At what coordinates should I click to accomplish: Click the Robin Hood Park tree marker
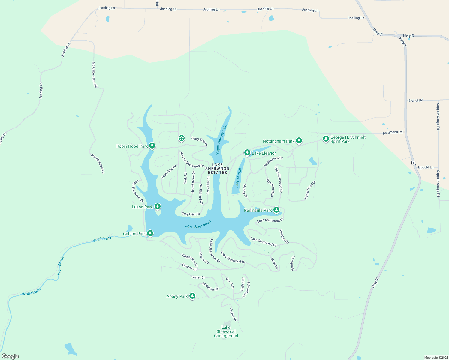pos(152,146)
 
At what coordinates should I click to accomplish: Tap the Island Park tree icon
pos(157,206)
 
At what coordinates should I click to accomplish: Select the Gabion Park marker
pos(150,233)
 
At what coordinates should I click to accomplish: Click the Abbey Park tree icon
pos(192,296)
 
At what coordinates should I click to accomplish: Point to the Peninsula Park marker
pos(276,210)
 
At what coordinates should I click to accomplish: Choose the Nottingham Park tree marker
pos(299,140)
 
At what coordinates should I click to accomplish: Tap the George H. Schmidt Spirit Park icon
pos(326,139)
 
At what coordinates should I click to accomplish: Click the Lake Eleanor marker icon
pos(247,153)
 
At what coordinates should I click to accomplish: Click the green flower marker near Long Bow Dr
pos(181,138)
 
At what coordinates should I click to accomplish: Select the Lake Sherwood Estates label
pos(217,169)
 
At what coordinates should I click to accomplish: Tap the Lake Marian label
pos(238,178)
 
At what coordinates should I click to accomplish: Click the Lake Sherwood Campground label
pos(226,331)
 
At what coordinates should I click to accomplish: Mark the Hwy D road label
pos(408,35)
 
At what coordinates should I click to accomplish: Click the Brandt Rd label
pos(416,100)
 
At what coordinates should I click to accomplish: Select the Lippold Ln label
pos(426,167)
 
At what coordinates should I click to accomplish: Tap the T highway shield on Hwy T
pos(414,163)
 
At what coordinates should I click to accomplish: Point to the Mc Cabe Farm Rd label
pos(95,75)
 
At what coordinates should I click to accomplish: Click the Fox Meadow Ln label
pos(98,164)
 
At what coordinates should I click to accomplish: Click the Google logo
pos(10,356)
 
